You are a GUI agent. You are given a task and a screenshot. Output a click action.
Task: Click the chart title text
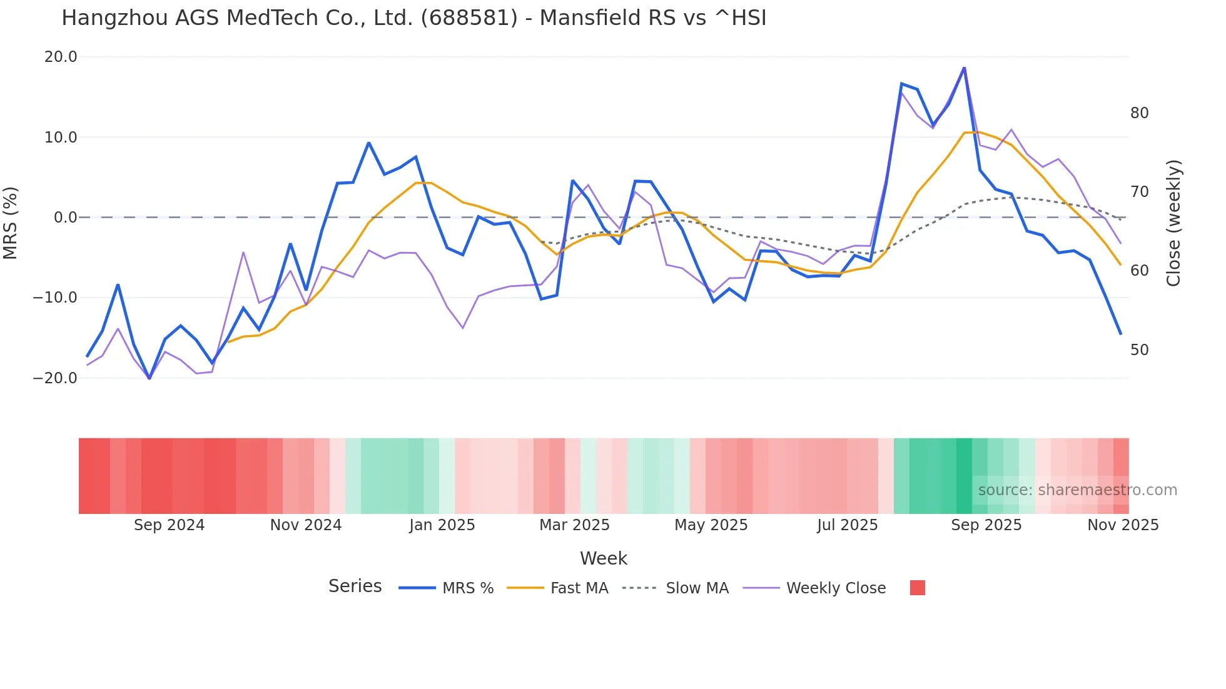point(413,18)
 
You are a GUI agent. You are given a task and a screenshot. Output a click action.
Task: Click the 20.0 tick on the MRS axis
point(61,57)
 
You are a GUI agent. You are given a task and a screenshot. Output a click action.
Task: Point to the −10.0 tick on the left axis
point(56,298)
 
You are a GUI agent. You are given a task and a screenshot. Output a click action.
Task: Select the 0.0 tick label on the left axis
point(66,218)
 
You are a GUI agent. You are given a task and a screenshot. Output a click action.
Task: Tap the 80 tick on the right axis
point(1139,113)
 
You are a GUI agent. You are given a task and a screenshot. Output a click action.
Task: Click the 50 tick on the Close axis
point(1139,350)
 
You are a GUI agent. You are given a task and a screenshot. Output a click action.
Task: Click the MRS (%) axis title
point(11,223)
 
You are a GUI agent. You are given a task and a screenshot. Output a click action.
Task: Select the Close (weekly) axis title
point(1173,223)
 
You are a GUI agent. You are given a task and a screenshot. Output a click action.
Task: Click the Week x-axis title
point(603,558)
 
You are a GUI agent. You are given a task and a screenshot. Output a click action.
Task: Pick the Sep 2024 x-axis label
point(169,525)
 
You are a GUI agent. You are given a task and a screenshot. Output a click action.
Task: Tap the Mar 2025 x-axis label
point(574,525)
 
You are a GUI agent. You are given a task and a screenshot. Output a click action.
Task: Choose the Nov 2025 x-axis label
point(1123,525)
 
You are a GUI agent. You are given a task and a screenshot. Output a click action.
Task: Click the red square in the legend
point(917,588)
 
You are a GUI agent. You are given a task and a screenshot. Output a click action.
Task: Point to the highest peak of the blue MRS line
point(964,68)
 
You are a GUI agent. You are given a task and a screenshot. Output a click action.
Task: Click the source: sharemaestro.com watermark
point(1077,490)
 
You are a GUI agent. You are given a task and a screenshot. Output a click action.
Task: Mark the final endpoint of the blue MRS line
point(1120,334)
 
